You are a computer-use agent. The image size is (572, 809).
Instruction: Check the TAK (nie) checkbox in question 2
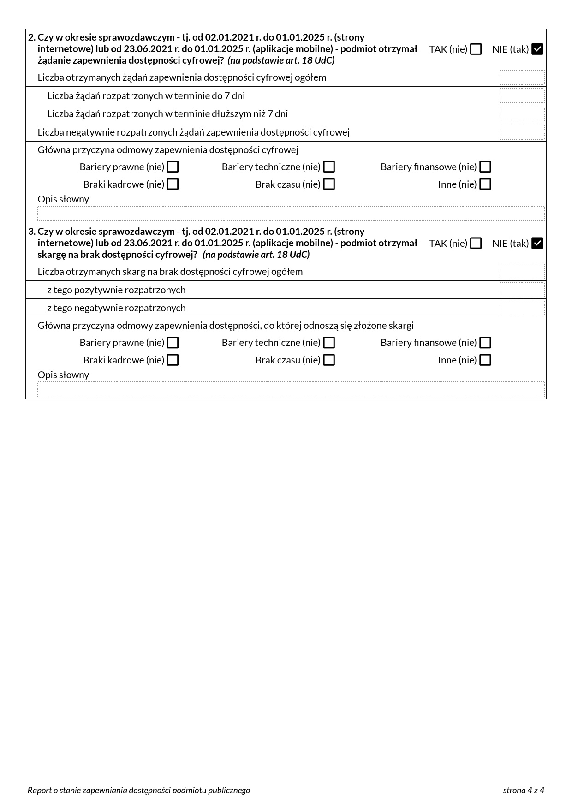pos(476,49)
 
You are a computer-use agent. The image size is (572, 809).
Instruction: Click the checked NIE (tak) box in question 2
pos(537,49)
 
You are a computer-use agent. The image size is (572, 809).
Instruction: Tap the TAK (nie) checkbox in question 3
pos(476,243)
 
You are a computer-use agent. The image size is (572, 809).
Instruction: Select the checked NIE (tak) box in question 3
pos(537,243)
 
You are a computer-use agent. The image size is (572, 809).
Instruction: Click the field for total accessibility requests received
pos(522,77)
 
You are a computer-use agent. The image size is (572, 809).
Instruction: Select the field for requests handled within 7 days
pos(522,96)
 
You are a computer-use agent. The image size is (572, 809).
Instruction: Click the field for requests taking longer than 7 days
pos(522,114)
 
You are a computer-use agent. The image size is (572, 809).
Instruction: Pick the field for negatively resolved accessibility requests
pos(522,132)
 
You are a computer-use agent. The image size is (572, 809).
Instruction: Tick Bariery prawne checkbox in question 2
pos(173,167)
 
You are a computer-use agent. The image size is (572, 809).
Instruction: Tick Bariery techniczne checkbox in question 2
pos(329,167)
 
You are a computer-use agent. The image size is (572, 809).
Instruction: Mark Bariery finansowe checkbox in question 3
pos(485,343)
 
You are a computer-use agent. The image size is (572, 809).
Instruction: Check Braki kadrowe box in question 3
pos(173,360)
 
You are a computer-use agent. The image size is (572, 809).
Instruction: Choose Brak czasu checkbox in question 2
pos(329,184)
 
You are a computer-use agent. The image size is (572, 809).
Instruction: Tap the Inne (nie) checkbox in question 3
pos(485,360)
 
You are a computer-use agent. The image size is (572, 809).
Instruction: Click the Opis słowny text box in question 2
pos(291,214)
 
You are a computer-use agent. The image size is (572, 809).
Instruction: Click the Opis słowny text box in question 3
pos(291,389)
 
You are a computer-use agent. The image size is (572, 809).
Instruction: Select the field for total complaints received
pos(522,272)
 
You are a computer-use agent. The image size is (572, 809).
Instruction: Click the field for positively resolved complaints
pos(522,290)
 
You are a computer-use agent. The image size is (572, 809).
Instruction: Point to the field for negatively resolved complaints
pos(522,308)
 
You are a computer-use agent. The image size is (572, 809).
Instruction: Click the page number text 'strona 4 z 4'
pos(523,791)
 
